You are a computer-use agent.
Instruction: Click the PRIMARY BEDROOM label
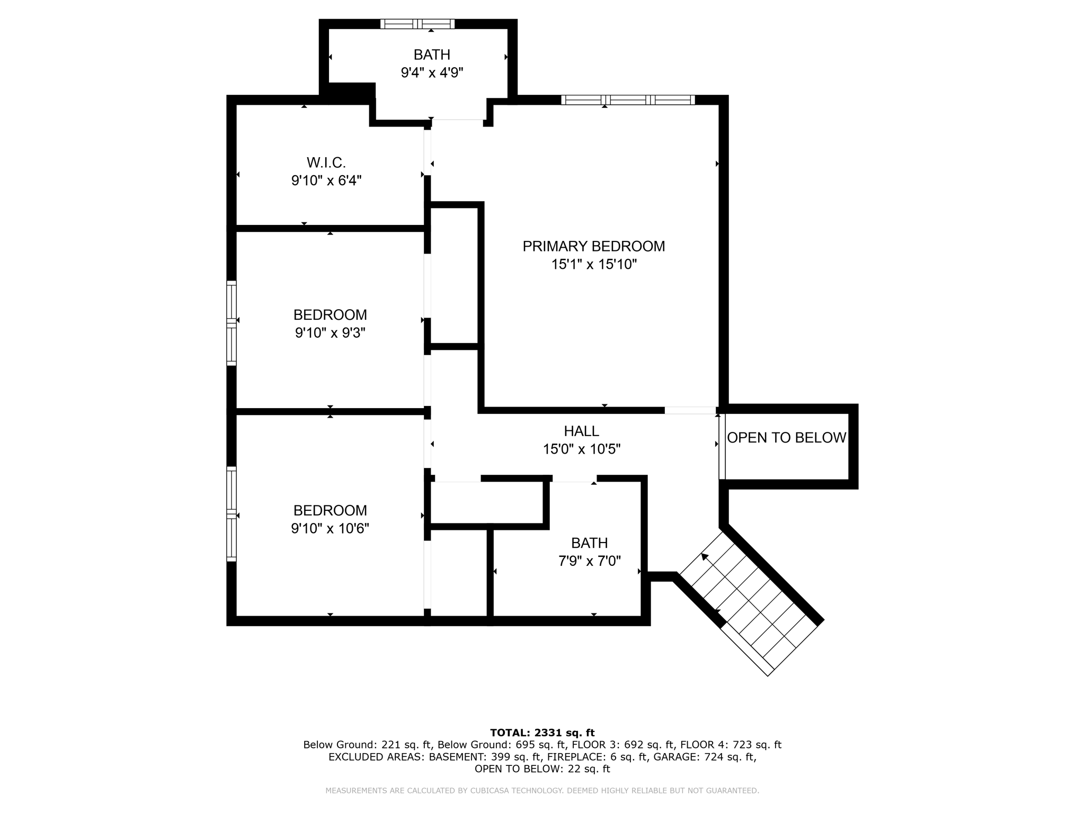tap(593, 246)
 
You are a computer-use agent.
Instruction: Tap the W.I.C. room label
tap(326, 162)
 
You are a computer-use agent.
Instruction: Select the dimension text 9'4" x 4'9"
tap(432, 73)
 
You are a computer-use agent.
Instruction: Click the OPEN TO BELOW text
tap(786, 438)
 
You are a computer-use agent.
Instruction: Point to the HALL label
tap(581, 431)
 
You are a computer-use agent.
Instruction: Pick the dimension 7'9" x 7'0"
tap(589, 561)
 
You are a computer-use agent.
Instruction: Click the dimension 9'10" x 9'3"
tap(330, 333)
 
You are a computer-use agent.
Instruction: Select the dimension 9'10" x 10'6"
tap(330, 528)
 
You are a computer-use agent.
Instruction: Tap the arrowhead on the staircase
tap(705, 556)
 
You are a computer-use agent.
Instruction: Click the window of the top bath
tap(417, 24)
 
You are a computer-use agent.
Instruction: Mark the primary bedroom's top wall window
tap(628, 100)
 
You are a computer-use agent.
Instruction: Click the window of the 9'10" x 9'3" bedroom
tap(232, 323)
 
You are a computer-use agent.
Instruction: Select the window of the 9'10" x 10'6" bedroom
tap(232, 513)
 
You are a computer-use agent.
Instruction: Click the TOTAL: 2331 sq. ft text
tap(542, 733)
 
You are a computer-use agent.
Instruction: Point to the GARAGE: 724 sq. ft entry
tap(704, 757)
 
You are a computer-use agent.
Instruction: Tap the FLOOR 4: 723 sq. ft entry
tap(731, 745)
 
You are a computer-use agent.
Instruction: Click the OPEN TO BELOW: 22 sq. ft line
tap(542, 769)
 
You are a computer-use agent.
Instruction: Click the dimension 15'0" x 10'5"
tap(581, 449)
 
